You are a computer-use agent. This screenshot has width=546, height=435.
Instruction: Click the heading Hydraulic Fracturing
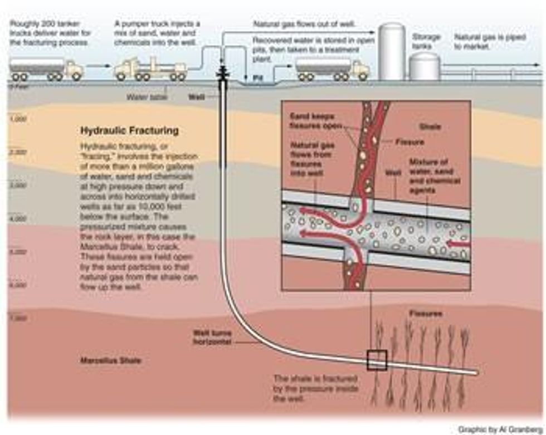tap(129, 131)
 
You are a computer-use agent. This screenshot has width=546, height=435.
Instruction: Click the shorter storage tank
tap(425, 67)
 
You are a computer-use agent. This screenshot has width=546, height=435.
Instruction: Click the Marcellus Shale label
tap(111, 360)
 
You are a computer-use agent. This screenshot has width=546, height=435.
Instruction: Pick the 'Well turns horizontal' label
tap(212, 338)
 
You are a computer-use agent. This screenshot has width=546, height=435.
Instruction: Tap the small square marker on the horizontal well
tap(377, 360)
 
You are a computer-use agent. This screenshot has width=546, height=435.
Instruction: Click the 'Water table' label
tap(145, 96)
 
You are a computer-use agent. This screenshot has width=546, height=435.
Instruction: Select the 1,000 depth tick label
tap(18, 119)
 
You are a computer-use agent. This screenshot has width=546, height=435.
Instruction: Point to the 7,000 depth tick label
tap(18, 319)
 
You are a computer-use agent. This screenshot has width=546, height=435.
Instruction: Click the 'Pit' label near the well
tap(257, 79)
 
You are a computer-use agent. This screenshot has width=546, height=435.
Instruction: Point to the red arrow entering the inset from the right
tap(461, 243)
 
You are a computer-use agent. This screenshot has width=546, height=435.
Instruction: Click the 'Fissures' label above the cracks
tap(426, 314)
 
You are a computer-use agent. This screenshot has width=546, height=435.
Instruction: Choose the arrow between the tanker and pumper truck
tap(98, 66)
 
